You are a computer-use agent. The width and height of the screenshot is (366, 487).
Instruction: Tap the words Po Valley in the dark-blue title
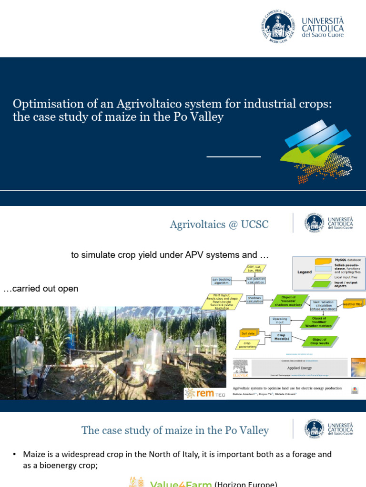tap(200, 117)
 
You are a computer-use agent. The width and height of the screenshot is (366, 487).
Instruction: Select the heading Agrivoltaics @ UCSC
tap(219, 224)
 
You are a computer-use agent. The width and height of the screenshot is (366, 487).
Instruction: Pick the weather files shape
tap(353, 303)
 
